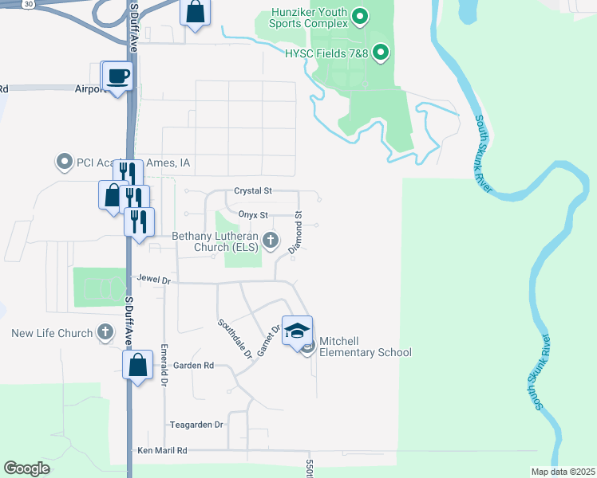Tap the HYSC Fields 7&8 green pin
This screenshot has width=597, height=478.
pos(382,53)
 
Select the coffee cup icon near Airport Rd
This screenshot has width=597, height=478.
pos(119,76)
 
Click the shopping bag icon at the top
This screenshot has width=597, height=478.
pos(196,13)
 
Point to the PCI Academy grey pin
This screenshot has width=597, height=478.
pos(65,163)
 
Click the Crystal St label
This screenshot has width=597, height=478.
pos(253,191)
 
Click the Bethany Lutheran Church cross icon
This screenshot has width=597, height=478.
pos(271,240)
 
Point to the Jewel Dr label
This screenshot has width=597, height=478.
pos(154,280)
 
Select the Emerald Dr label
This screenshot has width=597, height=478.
pos(164,365)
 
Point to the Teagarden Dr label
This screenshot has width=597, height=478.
pos(196,425)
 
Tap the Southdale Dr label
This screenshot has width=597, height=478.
pos(235,338)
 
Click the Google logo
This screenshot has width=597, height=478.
pos(26,468)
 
